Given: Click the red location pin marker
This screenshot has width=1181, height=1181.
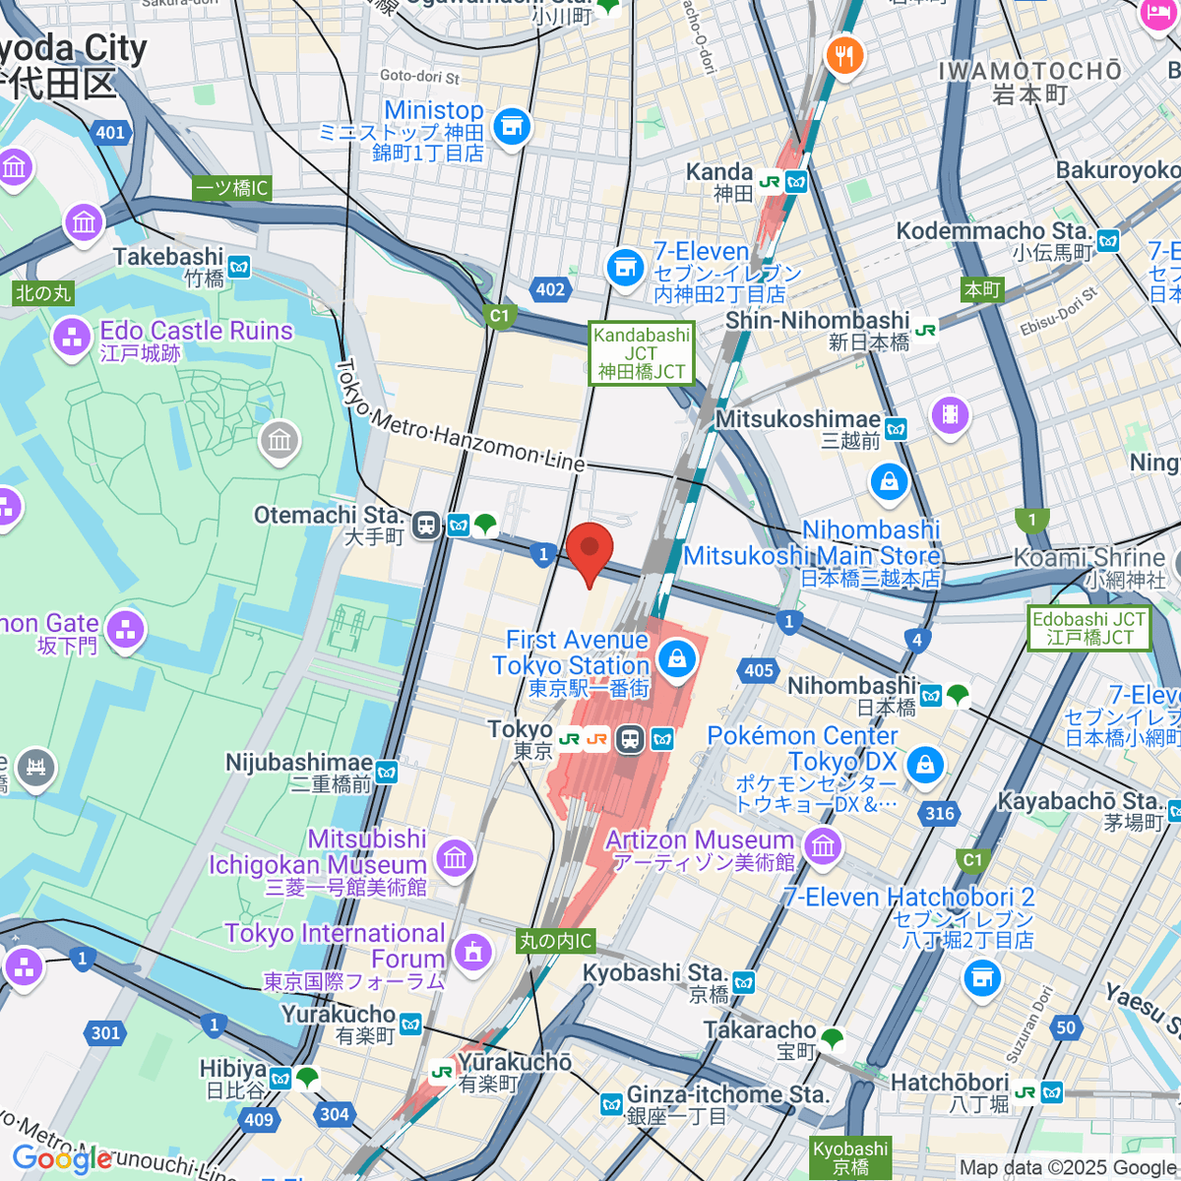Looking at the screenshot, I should click(590, 551).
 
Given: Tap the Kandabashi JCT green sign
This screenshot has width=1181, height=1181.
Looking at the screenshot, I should click(642, 353).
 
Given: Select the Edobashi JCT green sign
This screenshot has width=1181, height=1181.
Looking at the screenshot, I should click(1088, 628).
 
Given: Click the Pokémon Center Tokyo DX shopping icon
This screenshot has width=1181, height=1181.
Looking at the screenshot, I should click(924, 765).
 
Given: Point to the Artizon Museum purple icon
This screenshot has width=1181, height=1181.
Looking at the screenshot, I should click(823, 844).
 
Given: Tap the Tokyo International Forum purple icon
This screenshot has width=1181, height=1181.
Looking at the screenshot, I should click(473, 952).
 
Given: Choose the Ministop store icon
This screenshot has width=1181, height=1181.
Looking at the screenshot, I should click(511, 127).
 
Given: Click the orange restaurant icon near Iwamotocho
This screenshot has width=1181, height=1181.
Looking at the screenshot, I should click(843, 55).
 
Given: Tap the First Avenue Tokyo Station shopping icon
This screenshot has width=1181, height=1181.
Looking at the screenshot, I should click(677, 658).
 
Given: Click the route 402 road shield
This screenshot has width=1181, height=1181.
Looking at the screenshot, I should click(550, 289).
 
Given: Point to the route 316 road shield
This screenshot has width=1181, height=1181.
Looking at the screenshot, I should click(940, 813).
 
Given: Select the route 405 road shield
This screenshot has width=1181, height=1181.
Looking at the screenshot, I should click(759, 670).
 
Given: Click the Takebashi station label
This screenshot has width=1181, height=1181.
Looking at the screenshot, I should click(169, 258).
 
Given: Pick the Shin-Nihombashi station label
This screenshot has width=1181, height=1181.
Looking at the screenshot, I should click(818, 321).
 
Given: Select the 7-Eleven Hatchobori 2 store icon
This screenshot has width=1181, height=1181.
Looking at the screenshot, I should click(981, 977).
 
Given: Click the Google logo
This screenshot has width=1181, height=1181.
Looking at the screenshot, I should click(62, 1158).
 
